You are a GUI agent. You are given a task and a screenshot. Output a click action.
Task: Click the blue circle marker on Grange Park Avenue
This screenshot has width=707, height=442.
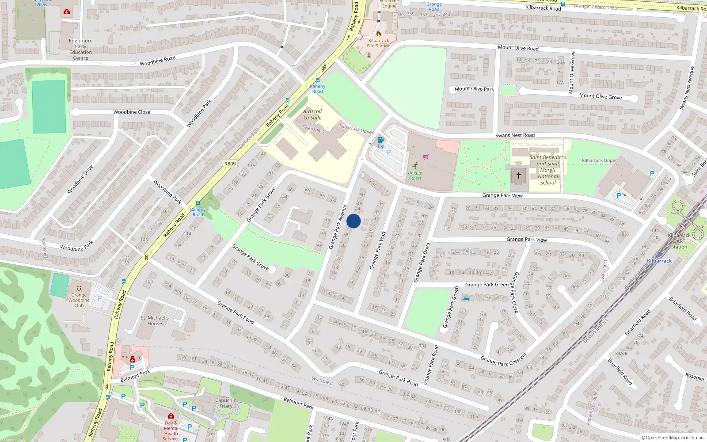pos(353,221)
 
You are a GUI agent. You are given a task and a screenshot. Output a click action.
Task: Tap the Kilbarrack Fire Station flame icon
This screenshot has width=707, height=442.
pos(379,34)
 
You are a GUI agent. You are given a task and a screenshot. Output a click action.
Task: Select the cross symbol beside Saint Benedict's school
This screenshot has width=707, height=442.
pos(519,175)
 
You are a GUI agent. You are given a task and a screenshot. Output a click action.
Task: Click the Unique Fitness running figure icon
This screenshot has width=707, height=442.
pos(415,165)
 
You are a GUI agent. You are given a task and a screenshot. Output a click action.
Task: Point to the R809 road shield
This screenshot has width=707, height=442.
pos(230,164)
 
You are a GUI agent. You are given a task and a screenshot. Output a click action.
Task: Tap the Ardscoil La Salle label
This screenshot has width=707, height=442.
pos(312,114)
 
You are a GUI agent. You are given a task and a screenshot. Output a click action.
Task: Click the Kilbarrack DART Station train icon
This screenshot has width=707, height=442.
pos(660,255)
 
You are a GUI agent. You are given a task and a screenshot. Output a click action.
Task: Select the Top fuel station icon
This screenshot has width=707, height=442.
pos(380,140)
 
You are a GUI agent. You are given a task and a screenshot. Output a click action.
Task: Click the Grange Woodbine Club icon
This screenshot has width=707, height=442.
pos(79,289)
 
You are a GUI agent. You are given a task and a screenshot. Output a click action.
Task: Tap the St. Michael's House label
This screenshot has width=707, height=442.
pos(155,320)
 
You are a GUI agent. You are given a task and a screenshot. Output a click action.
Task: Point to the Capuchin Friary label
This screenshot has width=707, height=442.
pos(226,403)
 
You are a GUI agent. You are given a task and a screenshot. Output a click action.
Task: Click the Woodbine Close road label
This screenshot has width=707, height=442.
pos(132,112)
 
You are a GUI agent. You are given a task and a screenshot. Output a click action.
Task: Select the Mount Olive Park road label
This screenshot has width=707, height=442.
pos(474,89)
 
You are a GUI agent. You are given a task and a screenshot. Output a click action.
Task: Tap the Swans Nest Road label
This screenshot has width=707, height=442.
pos(515,135)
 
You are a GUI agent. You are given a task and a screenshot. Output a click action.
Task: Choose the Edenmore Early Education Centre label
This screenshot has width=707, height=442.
pos(81,49)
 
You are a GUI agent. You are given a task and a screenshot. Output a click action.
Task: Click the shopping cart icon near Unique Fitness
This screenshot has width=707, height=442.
pos(426,157)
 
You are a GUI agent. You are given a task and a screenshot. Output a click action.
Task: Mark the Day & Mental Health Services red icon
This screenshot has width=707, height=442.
pos(171,416)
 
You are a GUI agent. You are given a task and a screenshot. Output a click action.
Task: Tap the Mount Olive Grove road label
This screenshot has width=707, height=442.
pos(600,96)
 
